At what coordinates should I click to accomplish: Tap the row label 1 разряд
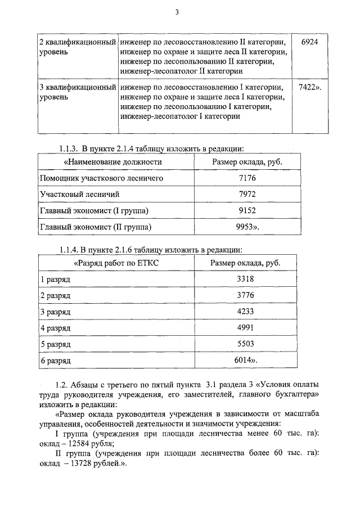[x=55, y=279]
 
